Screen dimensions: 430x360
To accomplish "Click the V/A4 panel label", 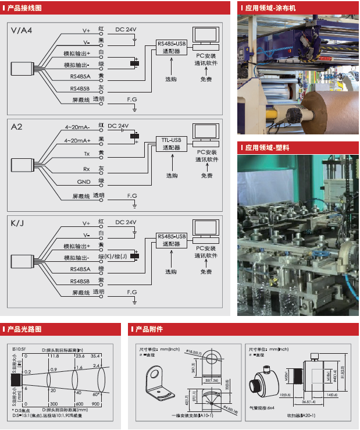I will tap(22, 30).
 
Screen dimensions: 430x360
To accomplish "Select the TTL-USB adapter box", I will tap(170, 143).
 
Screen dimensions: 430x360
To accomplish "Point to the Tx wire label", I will tap(86, 154).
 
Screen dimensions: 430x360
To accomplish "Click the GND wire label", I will tap(83, 182).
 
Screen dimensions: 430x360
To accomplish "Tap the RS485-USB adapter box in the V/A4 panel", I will tap(171, 47).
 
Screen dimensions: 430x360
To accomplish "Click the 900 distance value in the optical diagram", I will tap(95, 403).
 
